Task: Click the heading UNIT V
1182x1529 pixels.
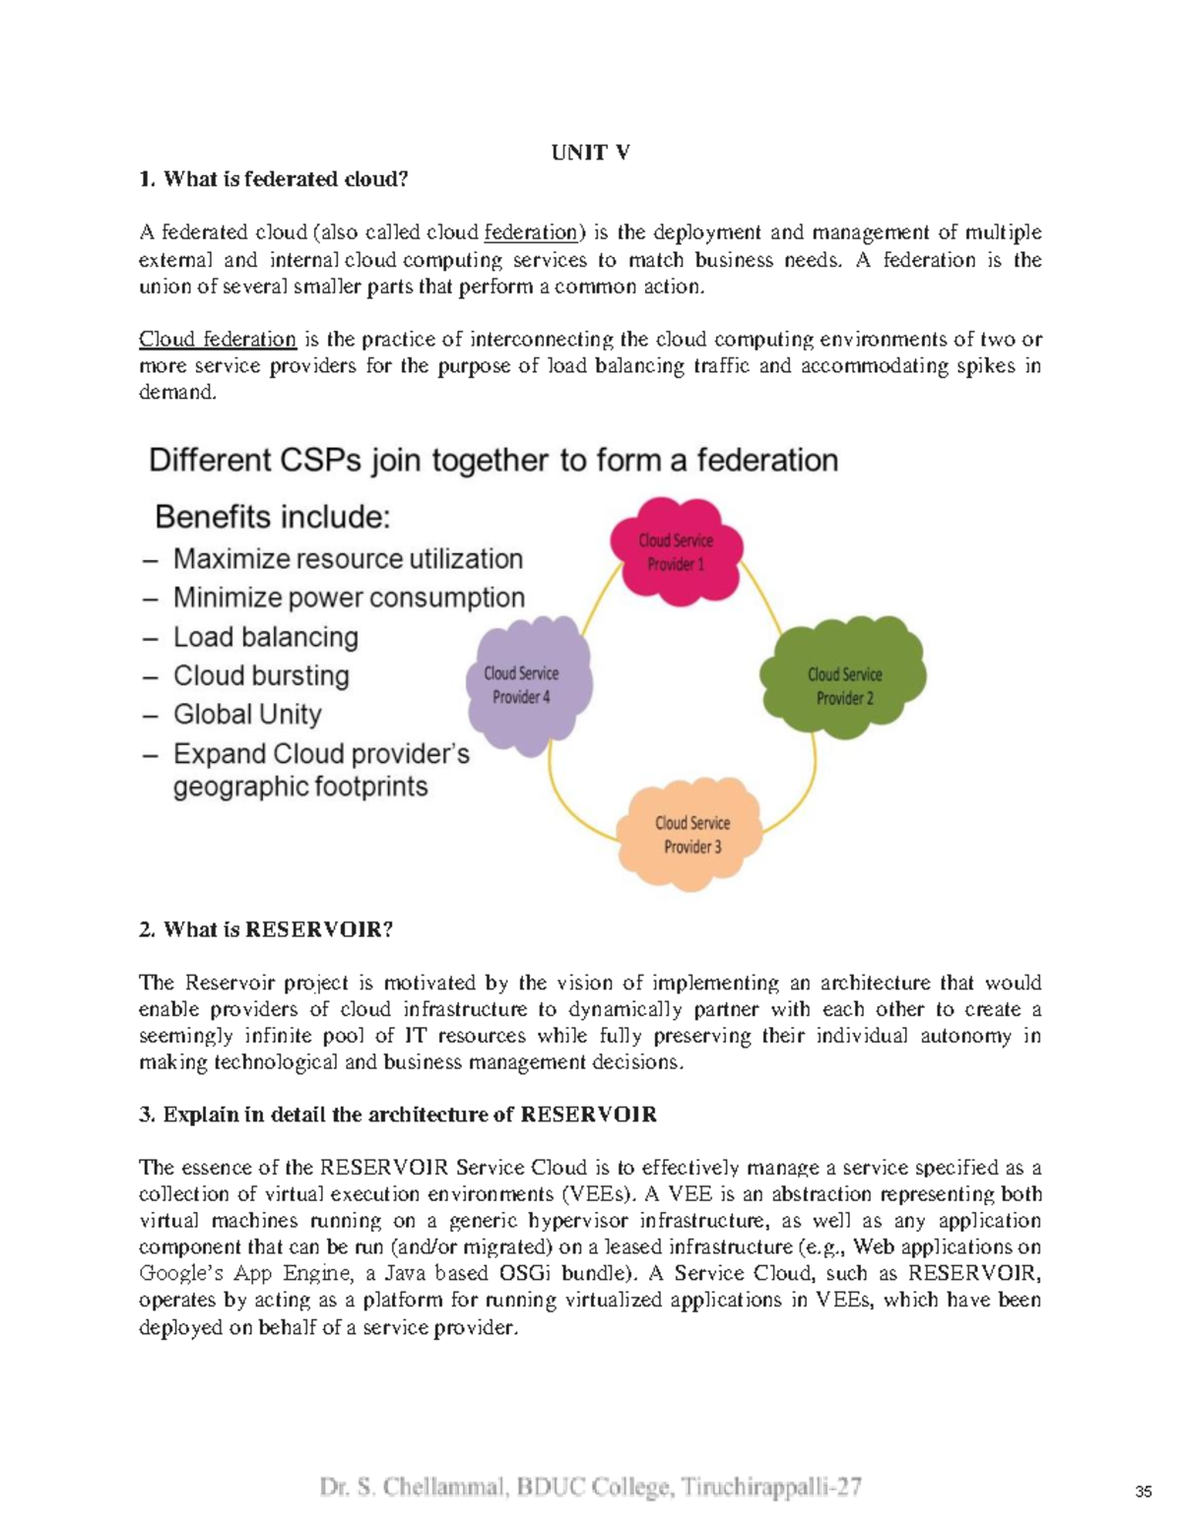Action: click(x=590, y=152)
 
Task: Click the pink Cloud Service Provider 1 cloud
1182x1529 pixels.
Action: click(x=676, y=551)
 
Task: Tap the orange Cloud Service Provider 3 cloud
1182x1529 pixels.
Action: click(x=691, y=834)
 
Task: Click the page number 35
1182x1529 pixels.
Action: click(x=1143, y=1491)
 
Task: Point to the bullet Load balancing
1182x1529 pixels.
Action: click(x=265, y=637)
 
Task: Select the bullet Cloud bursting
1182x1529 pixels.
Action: click(x=261, y=675)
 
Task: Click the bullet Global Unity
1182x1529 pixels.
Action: click(x=247, y=714)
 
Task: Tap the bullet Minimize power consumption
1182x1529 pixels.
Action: click(x=349, y=598)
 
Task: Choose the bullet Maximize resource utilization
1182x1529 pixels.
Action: click(x=348, y=558)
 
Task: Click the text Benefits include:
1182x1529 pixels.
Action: click(x=273, y=517)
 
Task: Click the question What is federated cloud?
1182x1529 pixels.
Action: click(x=285, y=178)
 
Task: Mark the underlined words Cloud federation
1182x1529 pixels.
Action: click(x=218, y=339)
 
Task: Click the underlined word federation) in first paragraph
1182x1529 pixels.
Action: click(x=533, y=232)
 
